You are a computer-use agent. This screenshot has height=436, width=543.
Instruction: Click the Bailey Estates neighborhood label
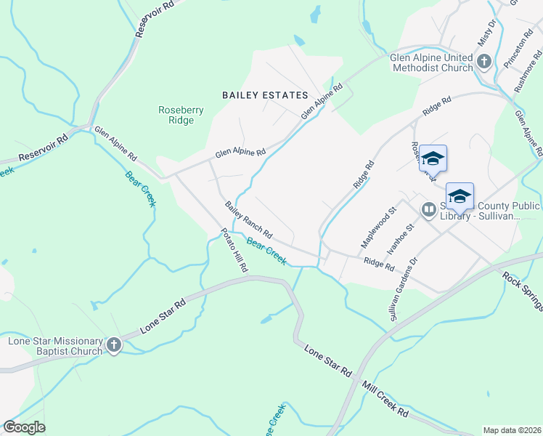[x=265, y=95]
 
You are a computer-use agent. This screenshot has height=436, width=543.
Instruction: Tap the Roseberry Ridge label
[x=181, y=115]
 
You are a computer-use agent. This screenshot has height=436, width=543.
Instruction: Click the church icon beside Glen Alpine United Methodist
[x=484, y=62]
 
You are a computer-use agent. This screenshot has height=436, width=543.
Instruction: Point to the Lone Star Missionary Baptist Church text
[x=54, y=346]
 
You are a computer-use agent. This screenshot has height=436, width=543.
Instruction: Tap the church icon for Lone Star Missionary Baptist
[x=113, y=346]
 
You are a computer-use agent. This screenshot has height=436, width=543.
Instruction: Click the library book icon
[x=429, y=211]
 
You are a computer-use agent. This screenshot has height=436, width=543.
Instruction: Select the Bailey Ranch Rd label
[x=248, y=220]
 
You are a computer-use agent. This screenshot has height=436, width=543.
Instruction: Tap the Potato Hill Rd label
[x=234, y=251]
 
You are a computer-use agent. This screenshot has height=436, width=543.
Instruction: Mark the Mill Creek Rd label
[x=388, y=400]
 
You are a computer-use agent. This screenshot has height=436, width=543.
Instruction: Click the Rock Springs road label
[x=522, y=291]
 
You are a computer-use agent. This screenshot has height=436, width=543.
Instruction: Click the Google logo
[x=24, y=427]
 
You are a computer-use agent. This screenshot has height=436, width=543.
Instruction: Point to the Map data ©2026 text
[x=511, y=430]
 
